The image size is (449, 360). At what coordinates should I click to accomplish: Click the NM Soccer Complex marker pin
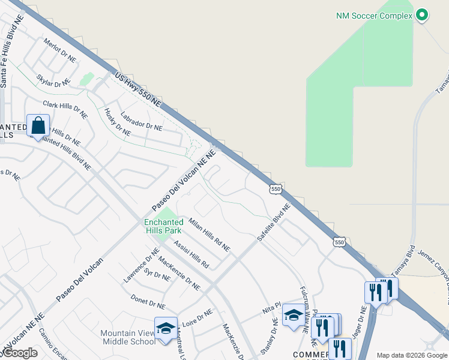point(422,15)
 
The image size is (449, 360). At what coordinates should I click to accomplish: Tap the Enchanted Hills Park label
point(163,226)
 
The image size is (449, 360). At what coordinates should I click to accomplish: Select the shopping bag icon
point(38,127)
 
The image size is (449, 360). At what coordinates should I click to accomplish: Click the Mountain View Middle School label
point(128,338)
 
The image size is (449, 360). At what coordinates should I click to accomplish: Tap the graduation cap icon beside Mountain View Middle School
point(166,328)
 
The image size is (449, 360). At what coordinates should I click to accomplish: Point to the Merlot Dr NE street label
point(60,51)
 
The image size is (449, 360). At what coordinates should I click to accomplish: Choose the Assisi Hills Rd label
point(191,254)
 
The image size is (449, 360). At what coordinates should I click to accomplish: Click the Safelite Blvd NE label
point(274,223)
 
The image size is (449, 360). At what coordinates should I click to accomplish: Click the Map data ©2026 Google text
point(411,355)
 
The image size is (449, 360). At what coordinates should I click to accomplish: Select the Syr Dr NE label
point(158,276)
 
